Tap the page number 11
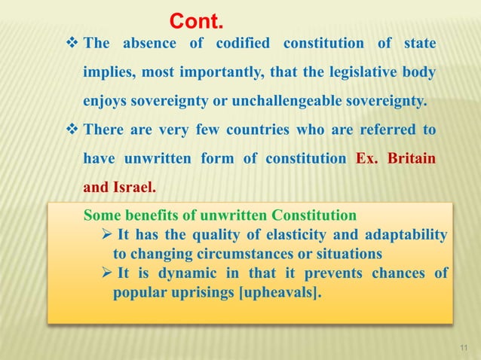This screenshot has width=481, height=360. (x=464, y=346)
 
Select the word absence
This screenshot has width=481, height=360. (x=146, y=44)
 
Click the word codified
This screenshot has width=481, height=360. (x=243, y=44)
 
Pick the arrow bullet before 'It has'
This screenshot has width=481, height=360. (x=108, y=234)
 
